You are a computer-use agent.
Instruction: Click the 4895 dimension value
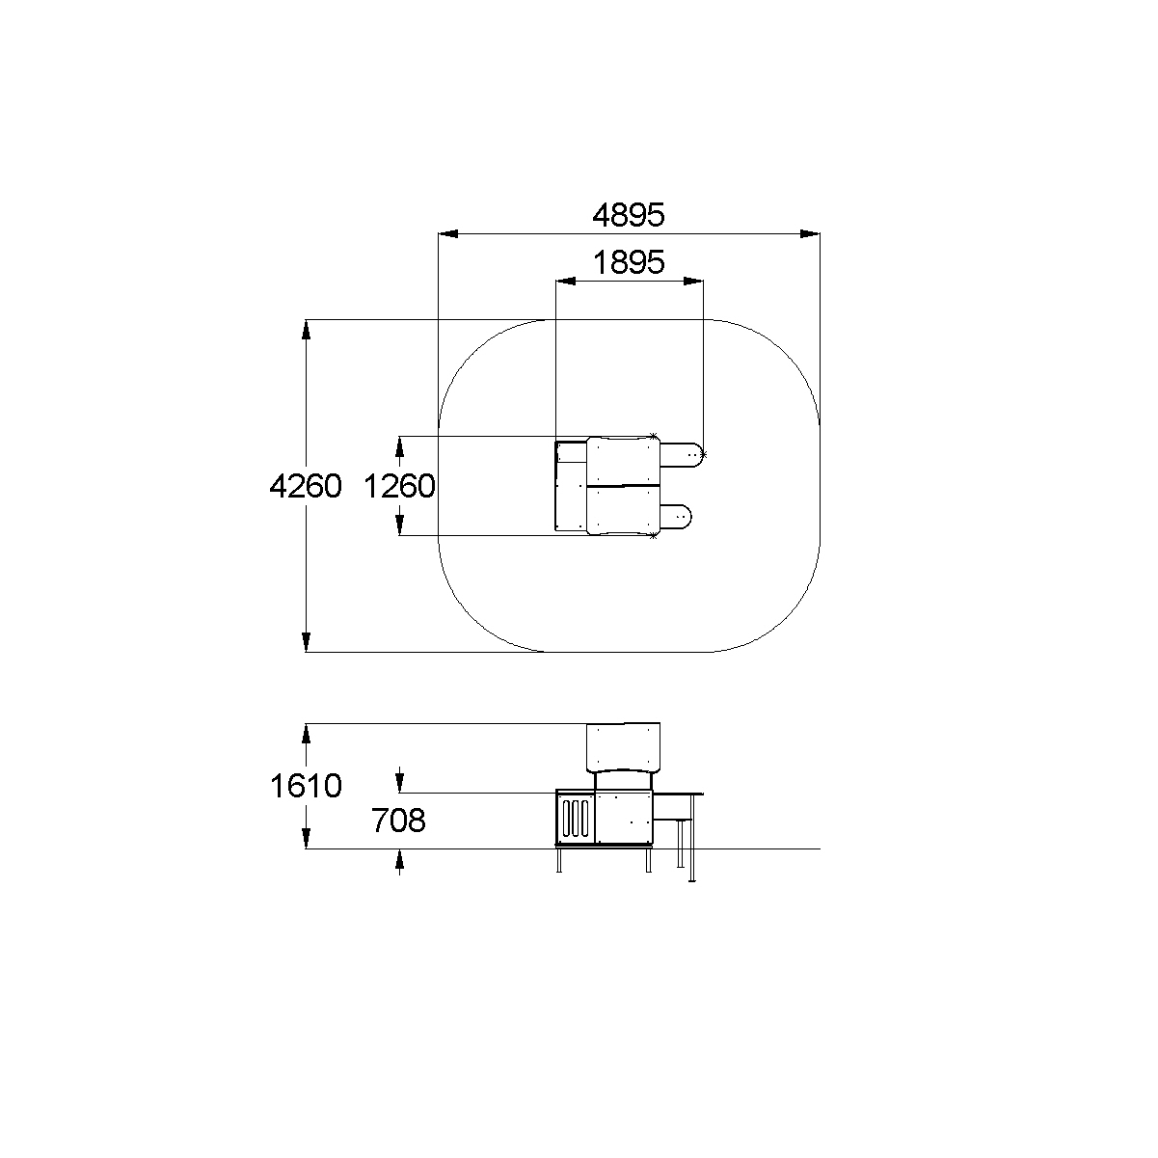coord(629,215)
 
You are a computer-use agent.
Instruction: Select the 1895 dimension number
coord(629,262)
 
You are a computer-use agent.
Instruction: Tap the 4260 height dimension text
coord(306,486)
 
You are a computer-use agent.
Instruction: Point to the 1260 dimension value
coord(399,486)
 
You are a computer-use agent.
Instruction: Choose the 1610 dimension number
coord(306,786)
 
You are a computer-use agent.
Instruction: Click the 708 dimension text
coord(398,821)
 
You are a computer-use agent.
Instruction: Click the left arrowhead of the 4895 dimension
coord(447,233)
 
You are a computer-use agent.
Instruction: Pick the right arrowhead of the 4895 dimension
coord(810,233)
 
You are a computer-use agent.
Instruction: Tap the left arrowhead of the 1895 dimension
coord(565,281)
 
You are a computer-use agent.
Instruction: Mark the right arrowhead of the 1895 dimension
coord(693,281)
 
